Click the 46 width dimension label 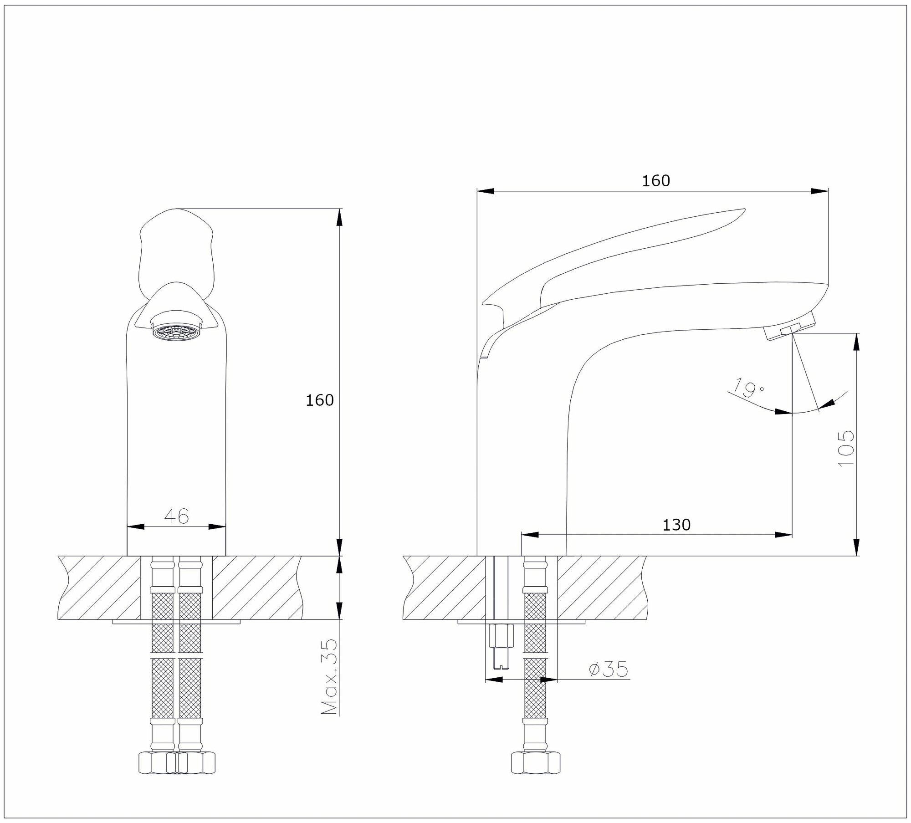point(176,516)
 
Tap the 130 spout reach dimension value point(676,525)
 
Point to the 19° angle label point(747,388)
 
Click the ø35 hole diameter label point(608,670)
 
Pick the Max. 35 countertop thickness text point(329,676)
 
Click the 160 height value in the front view point(319,400)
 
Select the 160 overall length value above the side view point(656,181)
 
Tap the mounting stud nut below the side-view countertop point(501,636)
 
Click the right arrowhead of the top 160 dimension point(820,191)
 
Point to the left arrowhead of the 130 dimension point(530,535)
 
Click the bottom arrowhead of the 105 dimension point(857,547)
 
